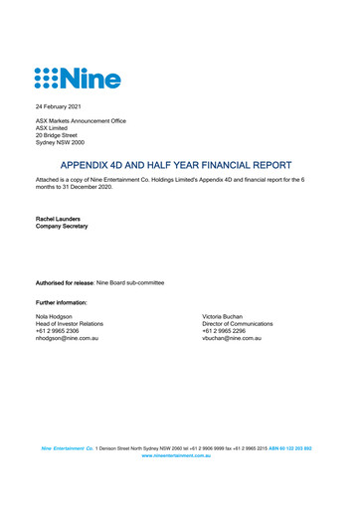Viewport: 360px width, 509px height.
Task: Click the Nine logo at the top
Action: pos(78,77)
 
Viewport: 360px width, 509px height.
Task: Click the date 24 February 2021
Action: pos(60,105)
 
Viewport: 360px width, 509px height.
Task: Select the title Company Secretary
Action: pos(62,227)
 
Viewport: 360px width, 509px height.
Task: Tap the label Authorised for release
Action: pos(70,283)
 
